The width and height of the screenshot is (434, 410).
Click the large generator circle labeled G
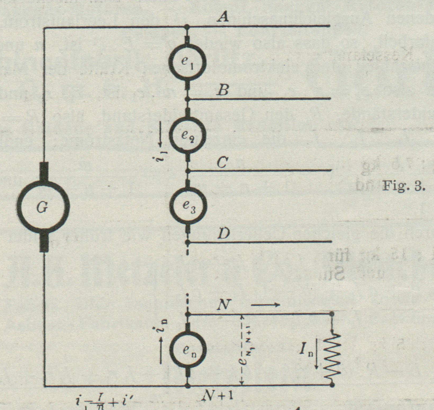[43, 208]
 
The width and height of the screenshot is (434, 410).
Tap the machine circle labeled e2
[188, 136]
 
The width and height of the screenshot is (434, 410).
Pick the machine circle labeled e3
[188, 206]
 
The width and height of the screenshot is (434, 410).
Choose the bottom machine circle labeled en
[188, 350]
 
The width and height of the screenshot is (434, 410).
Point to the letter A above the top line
[223, 18]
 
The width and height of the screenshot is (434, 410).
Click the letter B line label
[223, 90]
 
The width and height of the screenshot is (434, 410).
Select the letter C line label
[222, 163]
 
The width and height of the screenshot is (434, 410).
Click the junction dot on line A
[187, 27]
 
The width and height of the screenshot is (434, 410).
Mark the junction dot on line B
[187, 99]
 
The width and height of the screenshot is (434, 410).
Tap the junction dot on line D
[188, 242]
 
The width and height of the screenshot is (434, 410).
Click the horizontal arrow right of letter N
[265, 305]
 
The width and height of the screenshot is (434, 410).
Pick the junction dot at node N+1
[188, 385]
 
